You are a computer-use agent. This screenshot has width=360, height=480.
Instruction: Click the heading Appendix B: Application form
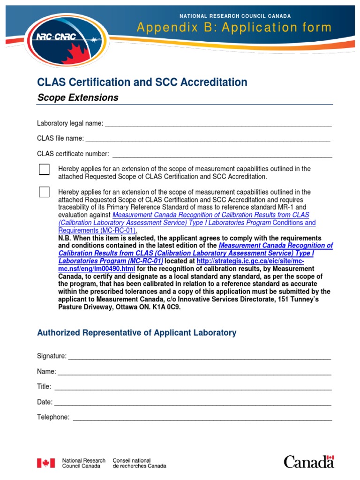tap(234, 28)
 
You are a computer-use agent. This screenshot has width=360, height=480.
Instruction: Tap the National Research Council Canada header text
tap(235, 16)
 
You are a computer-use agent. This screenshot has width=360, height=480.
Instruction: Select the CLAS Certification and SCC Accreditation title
tap(142, 82)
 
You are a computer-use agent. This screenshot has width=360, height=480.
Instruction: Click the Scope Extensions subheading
tap(77, 97)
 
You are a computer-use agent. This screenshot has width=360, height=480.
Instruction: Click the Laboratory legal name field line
tap(218, 126)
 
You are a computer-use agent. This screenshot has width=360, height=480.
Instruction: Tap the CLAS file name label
tap(60, 138)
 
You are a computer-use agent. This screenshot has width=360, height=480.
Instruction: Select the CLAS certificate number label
tap(73, 154)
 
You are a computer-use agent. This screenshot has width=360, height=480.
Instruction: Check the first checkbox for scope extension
tap(44, 170)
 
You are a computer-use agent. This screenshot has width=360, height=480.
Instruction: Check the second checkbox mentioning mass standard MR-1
tap(44, 192)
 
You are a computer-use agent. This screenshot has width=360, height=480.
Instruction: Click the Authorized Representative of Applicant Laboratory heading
tap(136, 333)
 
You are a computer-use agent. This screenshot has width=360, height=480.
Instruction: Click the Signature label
tap(52, 356)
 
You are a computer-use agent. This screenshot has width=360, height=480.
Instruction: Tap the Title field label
tap(44, 387)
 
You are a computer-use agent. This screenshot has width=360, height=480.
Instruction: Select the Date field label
tap(45, 402)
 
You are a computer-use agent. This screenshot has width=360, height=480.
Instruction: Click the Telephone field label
tap(53, 417)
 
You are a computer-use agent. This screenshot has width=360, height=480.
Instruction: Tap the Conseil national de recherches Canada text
tap(139, 463)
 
